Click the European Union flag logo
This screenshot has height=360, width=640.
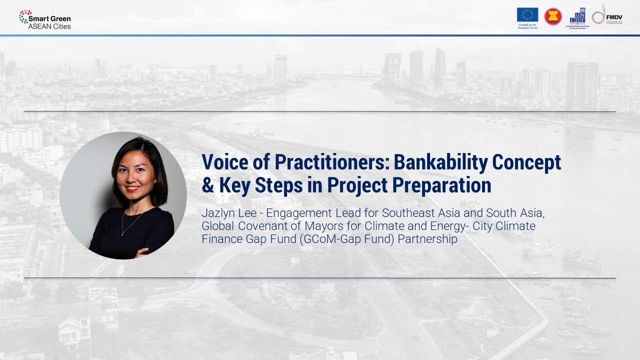[527, 14]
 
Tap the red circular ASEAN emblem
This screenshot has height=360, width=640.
[553, 17]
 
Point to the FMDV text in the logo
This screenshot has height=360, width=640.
[614, 16]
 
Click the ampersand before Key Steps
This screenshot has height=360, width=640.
[207, 185]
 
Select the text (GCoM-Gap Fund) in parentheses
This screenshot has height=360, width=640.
[344, 239]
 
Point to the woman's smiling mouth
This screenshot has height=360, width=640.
[132, 189]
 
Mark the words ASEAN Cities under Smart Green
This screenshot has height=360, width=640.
[49, 26]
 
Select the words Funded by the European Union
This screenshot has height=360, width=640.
[527, 25]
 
